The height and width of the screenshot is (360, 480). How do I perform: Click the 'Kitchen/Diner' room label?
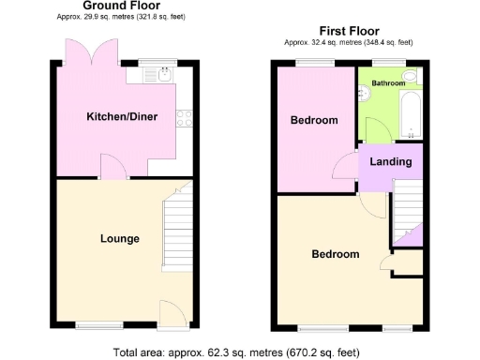point(122,117)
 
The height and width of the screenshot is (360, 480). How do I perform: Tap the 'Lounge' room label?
point(120,238)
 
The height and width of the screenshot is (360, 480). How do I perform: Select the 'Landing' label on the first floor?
point(390,162)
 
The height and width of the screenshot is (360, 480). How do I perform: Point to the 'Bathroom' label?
point(387,83)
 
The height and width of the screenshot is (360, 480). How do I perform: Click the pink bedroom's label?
point(313,121)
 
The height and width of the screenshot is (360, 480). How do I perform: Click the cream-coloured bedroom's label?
point(336,254)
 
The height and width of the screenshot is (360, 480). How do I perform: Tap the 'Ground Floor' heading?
point(114,6)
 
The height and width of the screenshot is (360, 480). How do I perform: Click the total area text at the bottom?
point(235,352)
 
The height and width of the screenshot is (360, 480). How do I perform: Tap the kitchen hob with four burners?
point(184,118)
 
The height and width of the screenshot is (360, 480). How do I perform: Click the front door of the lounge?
point(172,315)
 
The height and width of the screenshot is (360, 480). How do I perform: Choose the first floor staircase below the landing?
point(406,211)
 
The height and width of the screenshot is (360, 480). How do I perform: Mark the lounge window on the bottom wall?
point(98,326)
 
